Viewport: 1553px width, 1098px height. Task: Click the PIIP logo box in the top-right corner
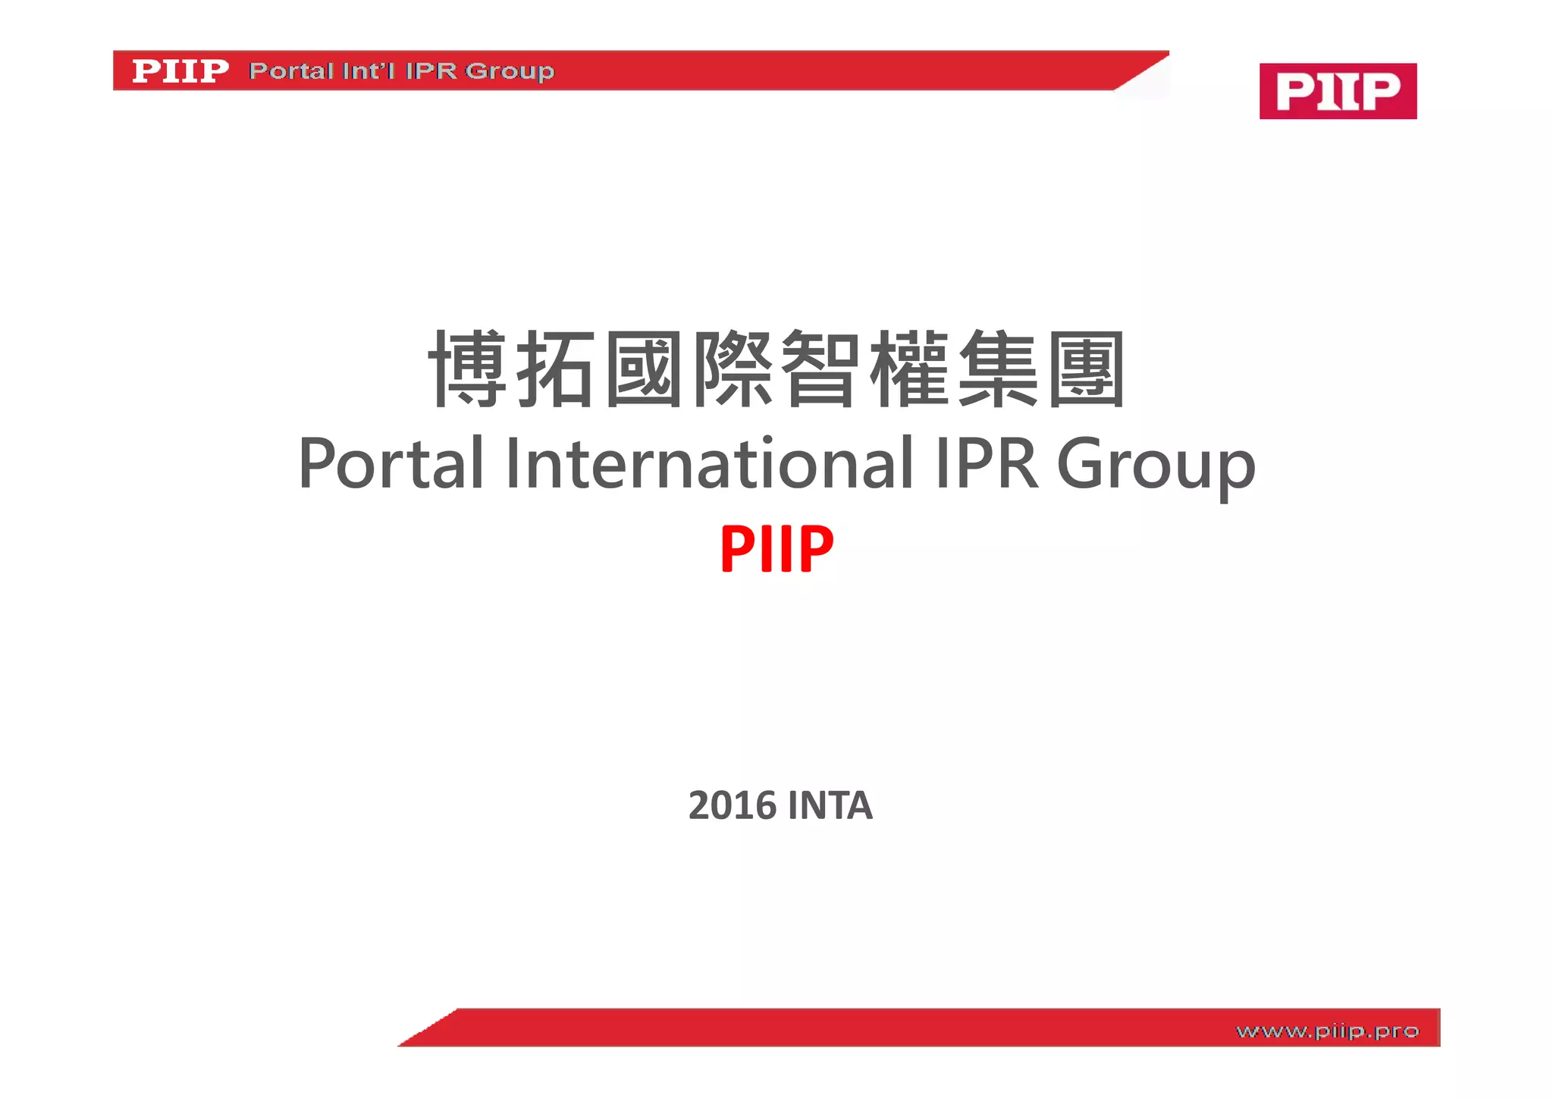(1338, 91)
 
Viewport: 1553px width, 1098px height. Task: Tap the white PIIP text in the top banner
(180, 71)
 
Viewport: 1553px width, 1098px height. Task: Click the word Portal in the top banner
(291, 71)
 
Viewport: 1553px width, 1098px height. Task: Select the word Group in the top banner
(510, 72)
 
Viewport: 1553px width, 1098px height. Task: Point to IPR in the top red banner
(431, 71)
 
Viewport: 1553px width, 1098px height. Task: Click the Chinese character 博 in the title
(468, 369)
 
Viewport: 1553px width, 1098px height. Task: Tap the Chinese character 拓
(556, 369)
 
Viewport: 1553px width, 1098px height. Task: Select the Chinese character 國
(645, 369)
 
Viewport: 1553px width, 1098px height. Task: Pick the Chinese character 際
(733, 369)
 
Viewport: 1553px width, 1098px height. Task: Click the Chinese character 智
(821, 369)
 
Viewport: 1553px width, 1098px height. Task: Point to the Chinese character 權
(909, 369)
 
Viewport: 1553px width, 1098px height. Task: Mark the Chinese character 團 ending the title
(1087, 369)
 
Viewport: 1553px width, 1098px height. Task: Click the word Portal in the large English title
(391, 463)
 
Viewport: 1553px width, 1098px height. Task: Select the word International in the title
(709, 463)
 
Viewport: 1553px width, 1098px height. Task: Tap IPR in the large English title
(986, 463)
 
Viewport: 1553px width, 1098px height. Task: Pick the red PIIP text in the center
(776, 548)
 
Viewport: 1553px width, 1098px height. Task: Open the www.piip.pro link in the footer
(1327, 1031)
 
